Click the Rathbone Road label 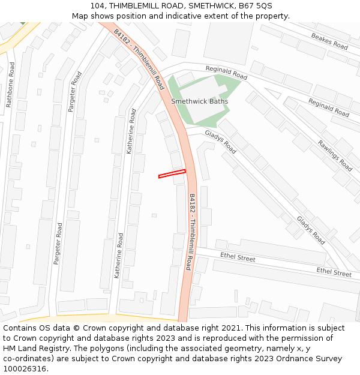point(9,85)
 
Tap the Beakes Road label point(329,41)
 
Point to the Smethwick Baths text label point(200,101)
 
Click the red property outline point(172,174)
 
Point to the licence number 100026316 point(25,369)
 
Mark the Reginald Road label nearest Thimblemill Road point(226,73)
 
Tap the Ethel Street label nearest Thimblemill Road point(238,258)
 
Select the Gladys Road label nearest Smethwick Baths point(220,142)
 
